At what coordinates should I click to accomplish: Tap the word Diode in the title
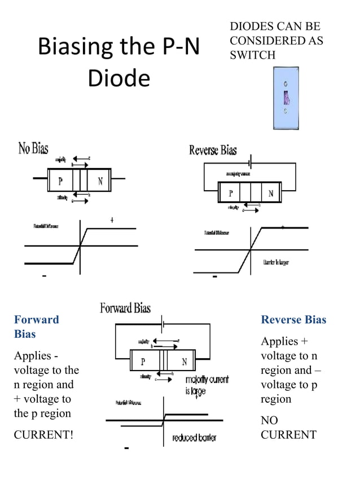[118, 78]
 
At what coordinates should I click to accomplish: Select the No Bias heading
[33, 149]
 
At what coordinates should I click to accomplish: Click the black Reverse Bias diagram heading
[213, 150]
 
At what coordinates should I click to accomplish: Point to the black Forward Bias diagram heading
[125, 308]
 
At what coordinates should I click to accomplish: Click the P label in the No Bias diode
[60, 182]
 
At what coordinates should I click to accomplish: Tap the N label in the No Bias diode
[100, 182]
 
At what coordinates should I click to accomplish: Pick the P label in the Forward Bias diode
[143, 362]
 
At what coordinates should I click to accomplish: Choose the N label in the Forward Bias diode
[184, 362]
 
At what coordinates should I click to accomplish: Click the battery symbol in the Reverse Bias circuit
[249, 163]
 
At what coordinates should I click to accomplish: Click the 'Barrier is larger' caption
[276, 263]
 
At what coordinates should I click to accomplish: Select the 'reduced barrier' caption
[194, 438]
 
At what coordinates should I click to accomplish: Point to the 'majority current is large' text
[207, 385]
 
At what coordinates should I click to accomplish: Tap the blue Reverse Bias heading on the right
[293, 320]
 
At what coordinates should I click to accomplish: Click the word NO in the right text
[269, 420]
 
